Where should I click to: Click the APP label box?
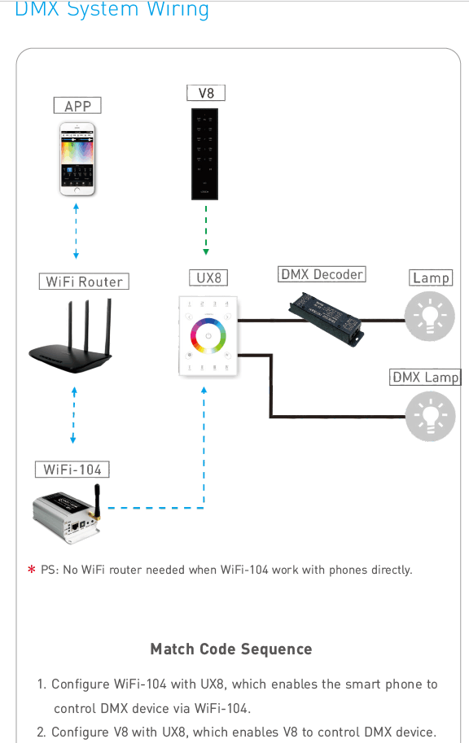pyautogui.click(x=77, y=106)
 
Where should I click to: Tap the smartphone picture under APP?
pyautogui.click(x=77, y=160)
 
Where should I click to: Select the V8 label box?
pyautogui.click(x=206, y=93)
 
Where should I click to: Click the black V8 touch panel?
pyautogui.click(x=205, y=154)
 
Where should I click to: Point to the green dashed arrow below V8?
pyautogui.click(x=206, y=230)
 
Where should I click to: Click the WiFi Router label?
pyautogui.click(x=84, y=282)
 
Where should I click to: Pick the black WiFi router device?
pyautogui.click(x=71, y=336)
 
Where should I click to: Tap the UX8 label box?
pyautogui.click(x=208, y=278)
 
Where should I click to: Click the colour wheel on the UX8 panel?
pyautogui.click(x=208, y=336)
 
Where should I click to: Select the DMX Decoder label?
pyautogui.click(x=322, y=274)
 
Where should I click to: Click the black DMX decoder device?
pyautogui.click(x=327, y=318)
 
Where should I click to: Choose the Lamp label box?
pyautogui.click(x=431, y=278)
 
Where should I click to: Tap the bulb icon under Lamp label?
pyautogui.click(x=430, y=316)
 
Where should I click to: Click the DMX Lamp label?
pyautogui.click(x=425, y=377)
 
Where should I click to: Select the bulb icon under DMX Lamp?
pyautogui.click(x=431, y=417)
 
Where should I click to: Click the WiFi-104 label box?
pyautogui.click(x=72, y=470)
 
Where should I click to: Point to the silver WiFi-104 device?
pyautogui.click(x=67, y=514)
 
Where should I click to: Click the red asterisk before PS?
pyautogui.click(x=32, y=569)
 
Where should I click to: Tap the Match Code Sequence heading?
pyautogui.click(x=231, y=649)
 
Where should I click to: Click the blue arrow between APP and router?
pyautogui.click(x=76, y=231)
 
